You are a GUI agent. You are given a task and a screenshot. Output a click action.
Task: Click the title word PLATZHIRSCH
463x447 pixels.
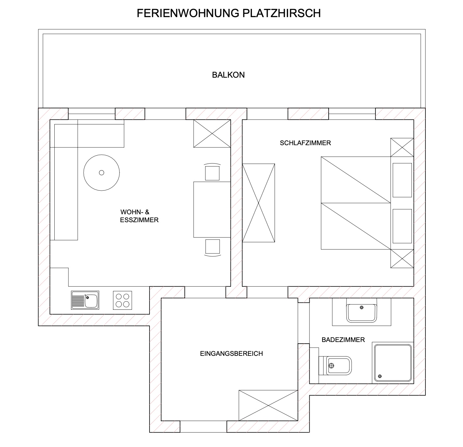point(282,13)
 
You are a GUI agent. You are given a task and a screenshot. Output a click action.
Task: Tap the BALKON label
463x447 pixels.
point(228,75)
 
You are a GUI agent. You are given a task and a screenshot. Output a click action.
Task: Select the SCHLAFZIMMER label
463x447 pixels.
point(305,143)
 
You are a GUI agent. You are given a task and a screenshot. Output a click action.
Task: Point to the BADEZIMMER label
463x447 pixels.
point(343,340)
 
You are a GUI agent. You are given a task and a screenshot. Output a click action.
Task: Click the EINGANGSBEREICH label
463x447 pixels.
point(231,354)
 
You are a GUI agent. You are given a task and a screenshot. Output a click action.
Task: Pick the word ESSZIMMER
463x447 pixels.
point(139,220)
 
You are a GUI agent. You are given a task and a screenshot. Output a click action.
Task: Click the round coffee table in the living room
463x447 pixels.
point(102,172)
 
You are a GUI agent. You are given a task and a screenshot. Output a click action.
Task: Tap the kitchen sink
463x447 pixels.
point(85,300)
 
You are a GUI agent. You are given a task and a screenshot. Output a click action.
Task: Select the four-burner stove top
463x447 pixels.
point(122,300)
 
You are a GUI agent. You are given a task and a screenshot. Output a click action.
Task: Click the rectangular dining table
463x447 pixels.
point(212,209)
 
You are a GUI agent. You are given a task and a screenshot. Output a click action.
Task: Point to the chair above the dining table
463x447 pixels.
point(212,172)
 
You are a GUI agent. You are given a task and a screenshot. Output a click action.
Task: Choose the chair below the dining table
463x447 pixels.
point(213,248)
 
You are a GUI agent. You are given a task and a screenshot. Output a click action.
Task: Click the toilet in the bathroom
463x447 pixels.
point(335,365)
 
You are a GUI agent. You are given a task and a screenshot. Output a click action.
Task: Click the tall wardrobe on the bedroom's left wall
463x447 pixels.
point(259,203)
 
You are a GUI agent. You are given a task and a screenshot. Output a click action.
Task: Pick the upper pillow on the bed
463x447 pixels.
point(402,180)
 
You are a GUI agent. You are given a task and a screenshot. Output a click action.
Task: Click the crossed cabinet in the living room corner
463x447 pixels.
point(212,133)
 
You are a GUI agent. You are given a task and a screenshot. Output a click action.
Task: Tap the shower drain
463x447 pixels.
point(380,376)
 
